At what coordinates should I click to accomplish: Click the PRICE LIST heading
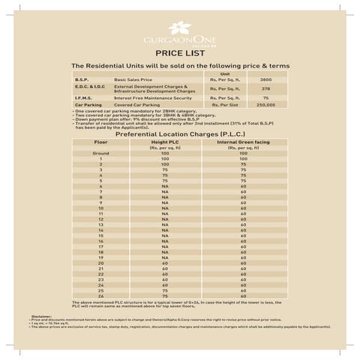click(x=179, y=53)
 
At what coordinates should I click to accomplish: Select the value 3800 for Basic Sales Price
click(x=265, y=79)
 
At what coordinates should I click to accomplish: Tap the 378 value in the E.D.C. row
click(x=265, y=88)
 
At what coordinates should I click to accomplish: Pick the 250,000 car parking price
click(x=265, y=105)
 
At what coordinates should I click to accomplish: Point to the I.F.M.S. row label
click(x=82, y=97)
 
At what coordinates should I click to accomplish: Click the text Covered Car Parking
click(x=136, y=105)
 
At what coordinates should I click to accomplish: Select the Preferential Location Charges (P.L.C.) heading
click(x=179, y=133)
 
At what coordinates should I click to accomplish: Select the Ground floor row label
click(x=100, y=153)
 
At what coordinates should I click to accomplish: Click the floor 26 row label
click(x=100, y=295)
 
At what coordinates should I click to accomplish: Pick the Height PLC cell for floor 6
click(x=164, y=185)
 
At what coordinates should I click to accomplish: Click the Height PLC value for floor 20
click(x=164, y=263)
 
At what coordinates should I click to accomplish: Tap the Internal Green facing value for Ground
click(x=243, y=153)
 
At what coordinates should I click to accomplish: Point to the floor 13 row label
click(x=100, y=224)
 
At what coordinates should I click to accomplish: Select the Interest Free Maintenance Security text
click(x=152, y=97)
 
